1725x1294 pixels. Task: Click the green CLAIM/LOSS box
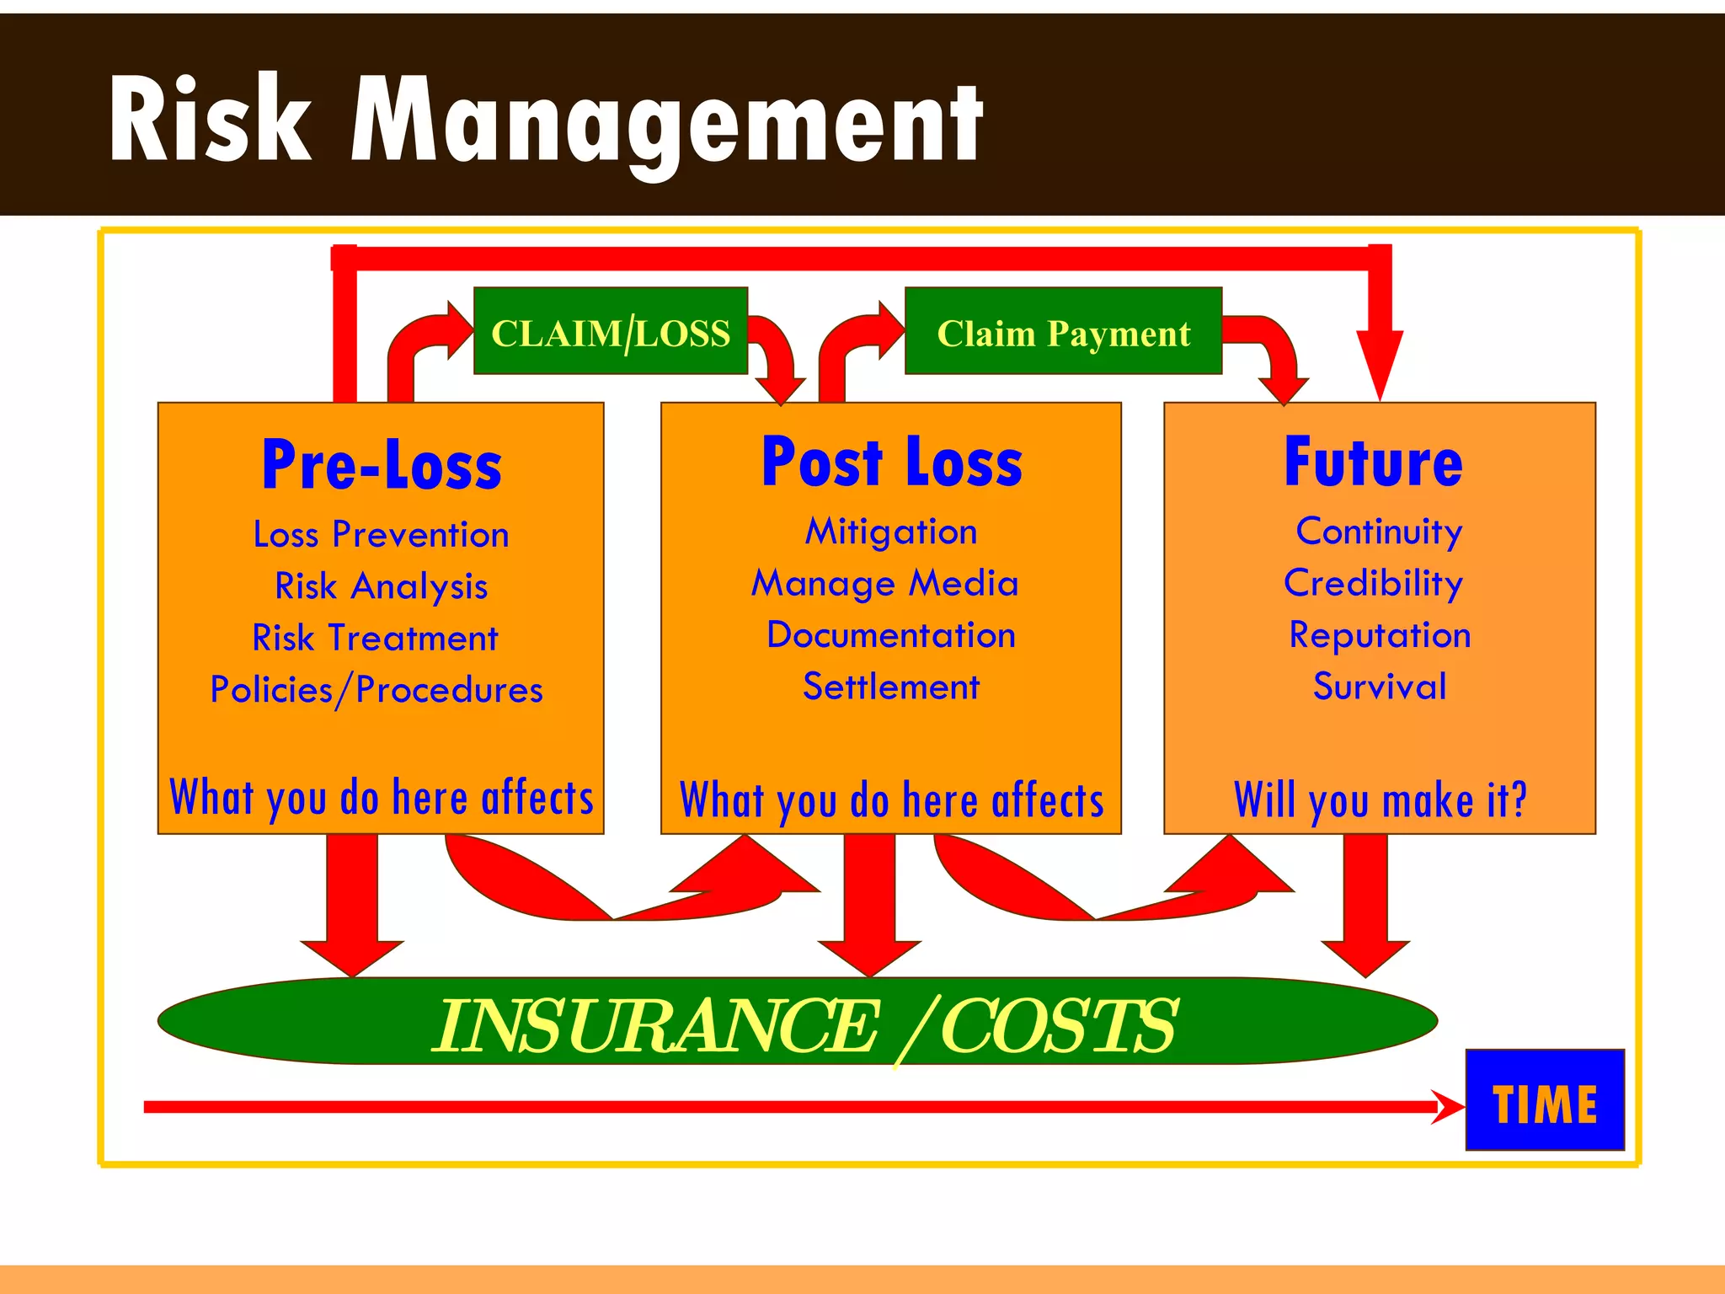[611, 331]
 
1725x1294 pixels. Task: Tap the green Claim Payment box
[1063, 331]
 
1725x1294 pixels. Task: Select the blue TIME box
[1545, 1099]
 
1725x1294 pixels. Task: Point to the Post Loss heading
[891, 463]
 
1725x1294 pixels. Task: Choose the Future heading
[1374, 463]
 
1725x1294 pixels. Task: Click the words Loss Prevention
[382, 535]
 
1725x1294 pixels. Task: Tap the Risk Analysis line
[382, 586]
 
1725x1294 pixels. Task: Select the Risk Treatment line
[376, 638]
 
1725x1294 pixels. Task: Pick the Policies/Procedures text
[377, 690]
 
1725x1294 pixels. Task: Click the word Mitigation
[891, 532]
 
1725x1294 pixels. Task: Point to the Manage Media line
[885, 584]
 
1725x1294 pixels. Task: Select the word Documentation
[891, 635]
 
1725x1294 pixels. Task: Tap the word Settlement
[891, 687]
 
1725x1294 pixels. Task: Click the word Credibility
[1374, 584]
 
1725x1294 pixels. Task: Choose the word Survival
[1380, 687]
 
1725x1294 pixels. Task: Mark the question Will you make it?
[1380, 799]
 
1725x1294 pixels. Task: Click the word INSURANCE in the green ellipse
[657, 1025]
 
